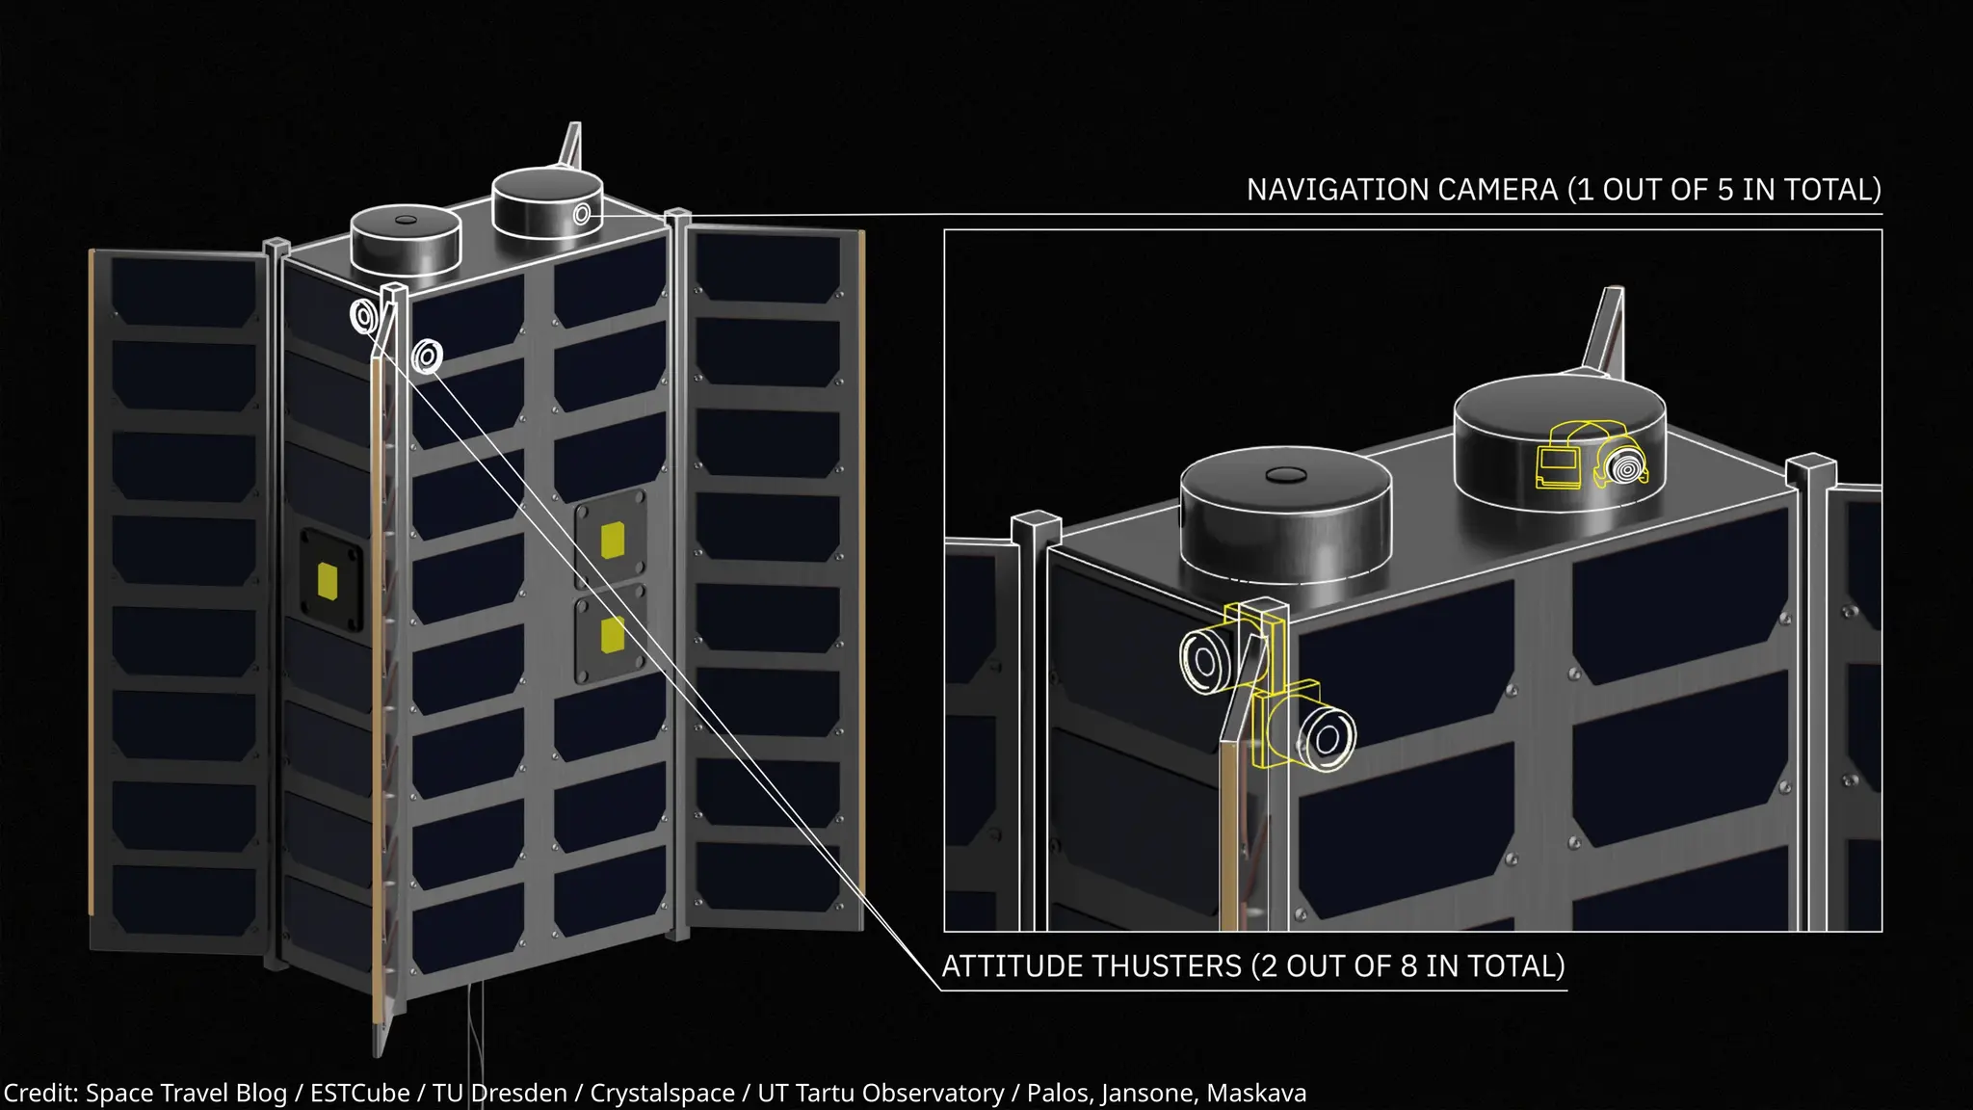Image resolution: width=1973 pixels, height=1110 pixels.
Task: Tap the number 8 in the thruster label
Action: (1409, 966)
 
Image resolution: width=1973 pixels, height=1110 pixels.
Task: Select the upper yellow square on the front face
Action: (613, 540)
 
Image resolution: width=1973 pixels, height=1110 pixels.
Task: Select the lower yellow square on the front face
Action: (612, 635)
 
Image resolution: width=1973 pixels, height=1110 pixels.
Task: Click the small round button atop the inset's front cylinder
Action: (1284, 474)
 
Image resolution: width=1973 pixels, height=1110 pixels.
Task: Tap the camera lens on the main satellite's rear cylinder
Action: (582, 214)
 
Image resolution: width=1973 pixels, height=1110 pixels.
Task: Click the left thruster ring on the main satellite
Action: (364, 316)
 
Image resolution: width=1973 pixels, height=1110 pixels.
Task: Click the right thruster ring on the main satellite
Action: (427, 357)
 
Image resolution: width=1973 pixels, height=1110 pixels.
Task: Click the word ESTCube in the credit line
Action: (359, 1094)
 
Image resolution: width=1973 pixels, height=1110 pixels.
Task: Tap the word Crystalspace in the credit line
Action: (662, 1094)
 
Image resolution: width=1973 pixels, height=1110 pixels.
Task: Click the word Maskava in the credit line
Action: (1256, 1094)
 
